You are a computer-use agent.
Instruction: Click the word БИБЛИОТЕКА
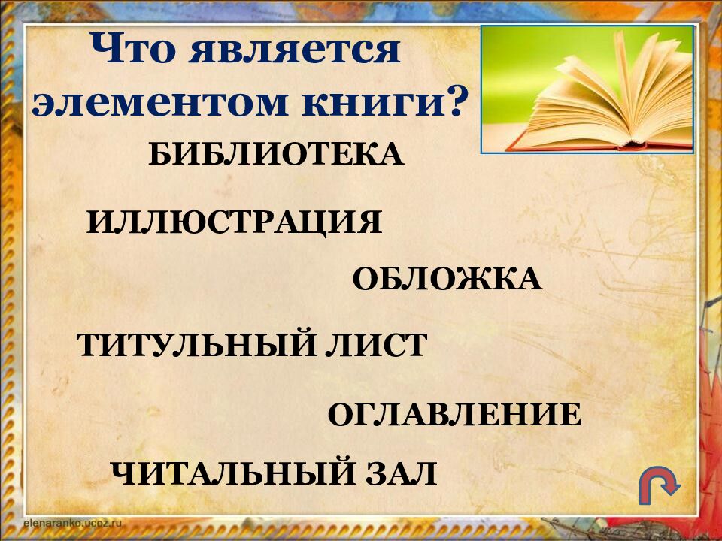coord(276,156)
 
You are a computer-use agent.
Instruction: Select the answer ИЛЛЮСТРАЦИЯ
coord(234,223)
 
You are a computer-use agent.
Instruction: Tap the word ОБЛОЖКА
coord(447,280)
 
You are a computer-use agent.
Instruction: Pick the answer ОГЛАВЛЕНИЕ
coord(454,416)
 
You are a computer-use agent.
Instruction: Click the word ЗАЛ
coord(402,474)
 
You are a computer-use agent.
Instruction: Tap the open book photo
coord(587,89)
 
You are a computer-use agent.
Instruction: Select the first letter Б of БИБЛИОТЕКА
coord(160,156)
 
